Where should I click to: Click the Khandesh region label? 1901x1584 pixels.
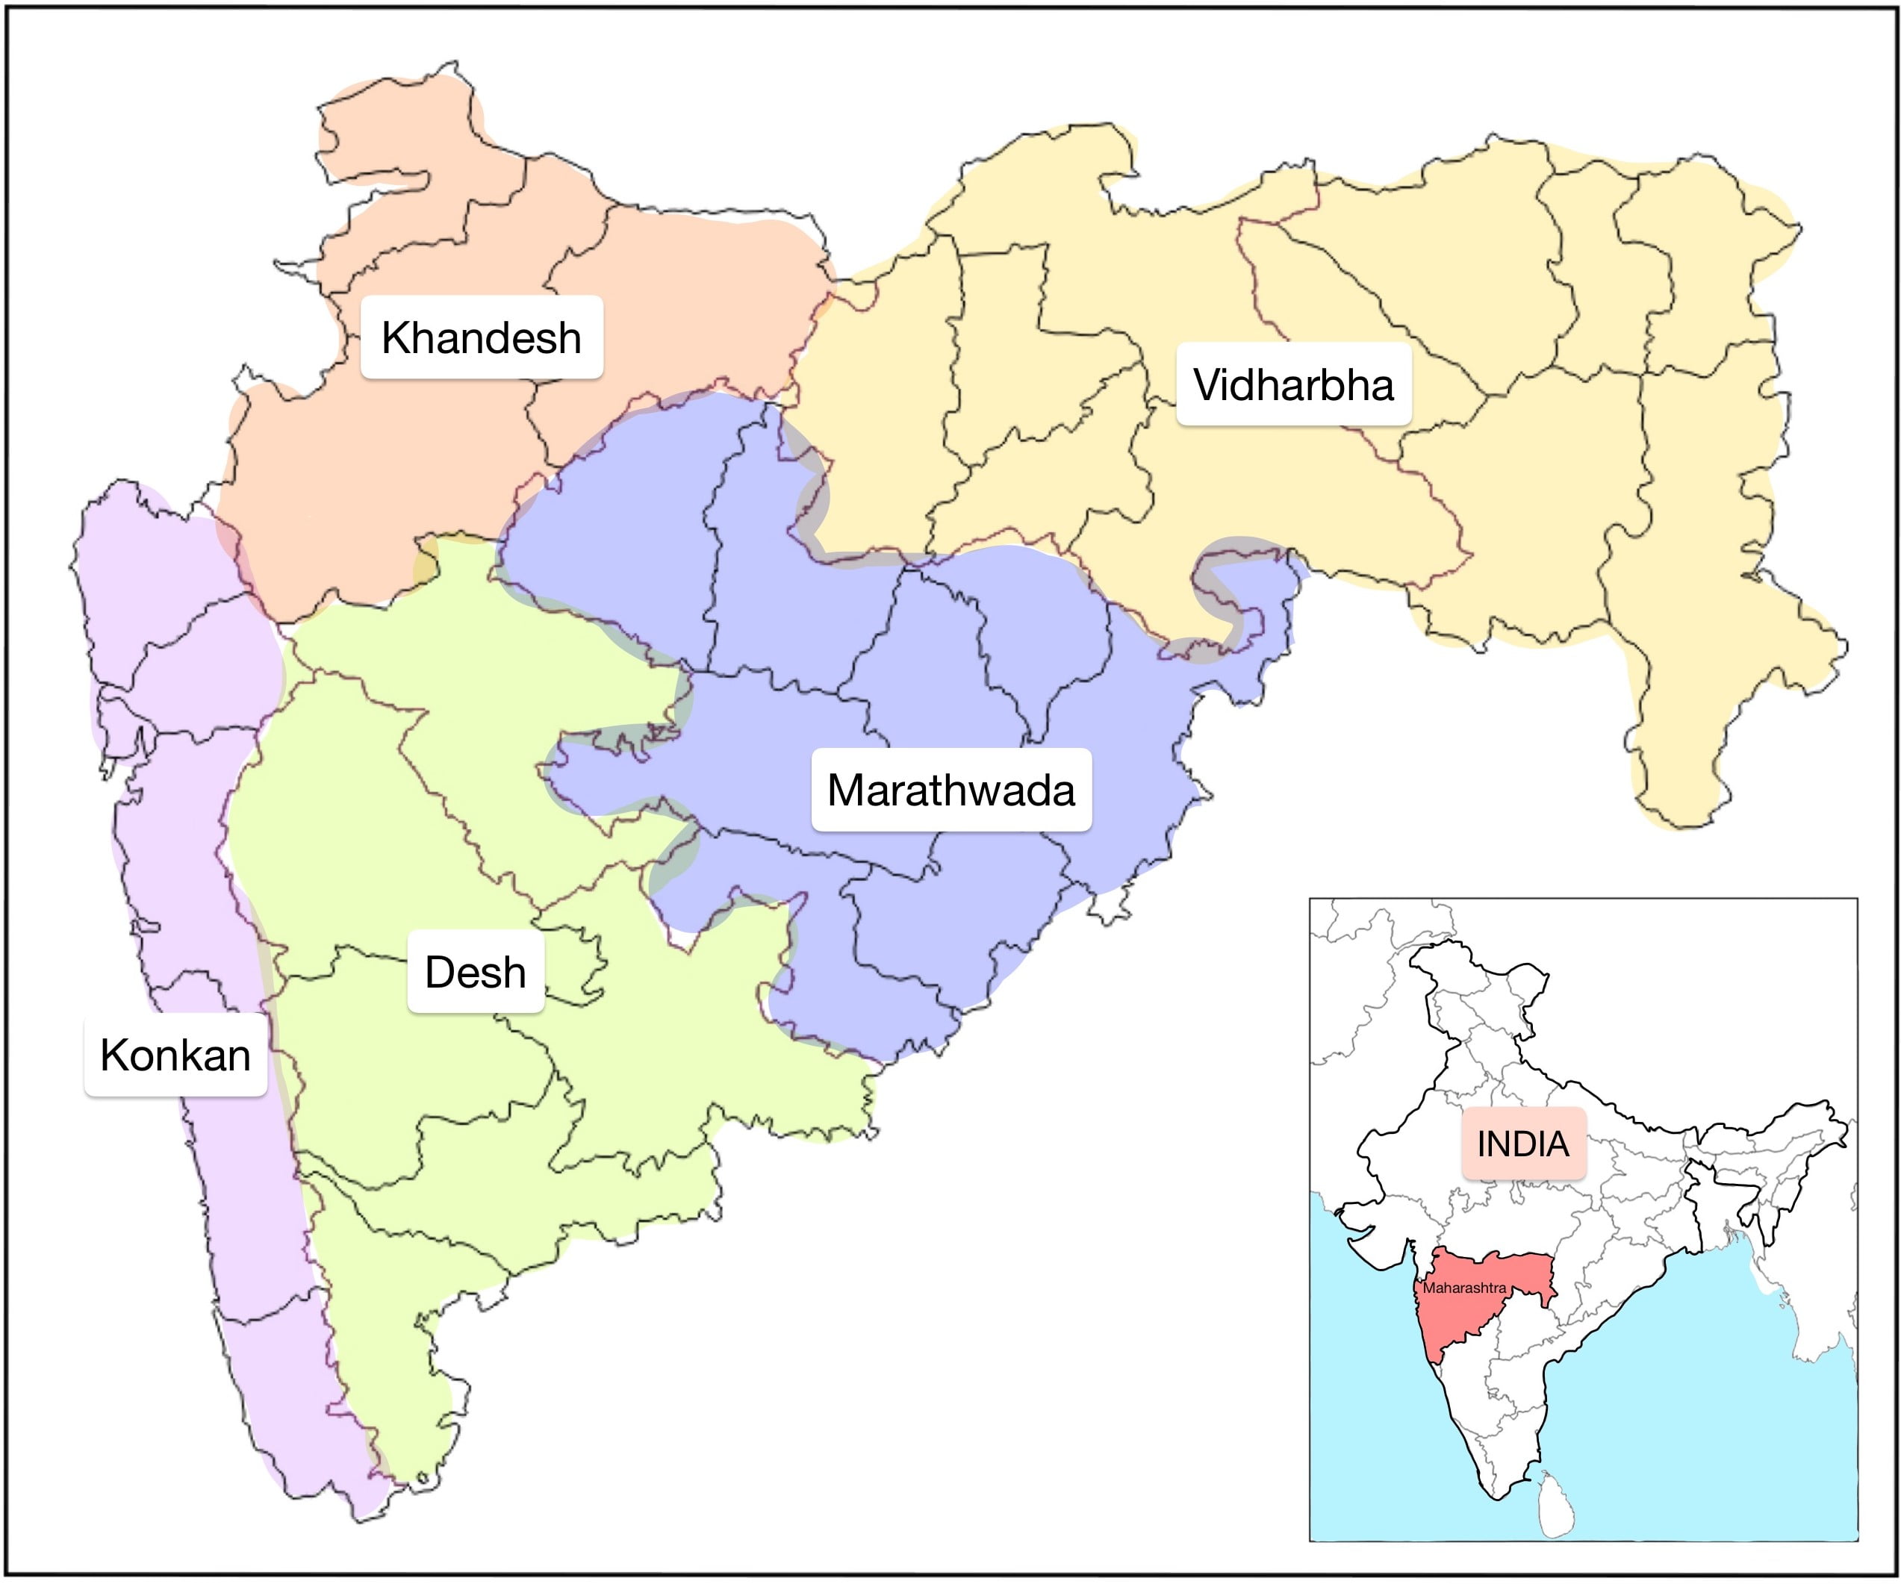point(482,337)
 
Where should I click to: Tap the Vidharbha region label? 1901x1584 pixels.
point(1293,384)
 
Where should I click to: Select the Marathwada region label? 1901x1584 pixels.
point(951,791)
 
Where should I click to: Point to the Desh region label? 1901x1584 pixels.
point(475,972)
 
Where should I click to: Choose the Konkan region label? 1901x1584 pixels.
point(175,1056)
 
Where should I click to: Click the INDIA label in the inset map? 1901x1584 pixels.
point(1523,1144)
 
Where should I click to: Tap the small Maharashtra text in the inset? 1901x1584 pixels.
point(1465,1288)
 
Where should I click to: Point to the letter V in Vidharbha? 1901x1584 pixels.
point(1209,384)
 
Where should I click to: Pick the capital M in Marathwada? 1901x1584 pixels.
point(847,791)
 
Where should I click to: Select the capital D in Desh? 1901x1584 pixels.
point(440,972)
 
